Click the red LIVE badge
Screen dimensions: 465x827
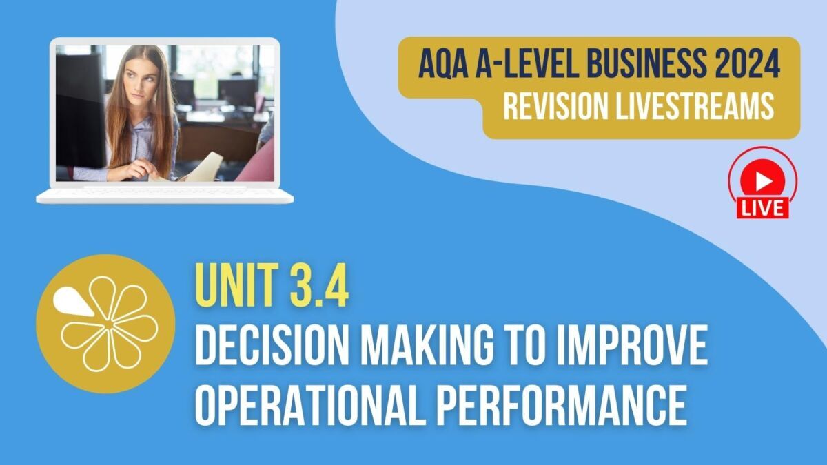[762, 206]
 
